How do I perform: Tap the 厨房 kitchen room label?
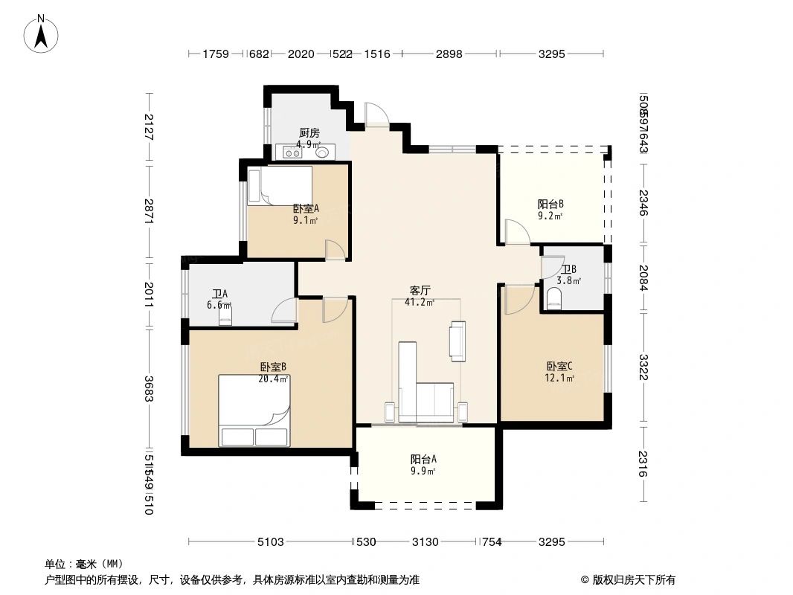(309, 133)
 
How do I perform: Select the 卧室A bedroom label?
(305, 209)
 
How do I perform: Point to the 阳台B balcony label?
(550, 204)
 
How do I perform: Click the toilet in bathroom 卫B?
(554, 300)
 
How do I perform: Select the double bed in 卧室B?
(254, 411)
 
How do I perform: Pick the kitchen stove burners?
(292, 152)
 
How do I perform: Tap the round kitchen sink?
(323, 152)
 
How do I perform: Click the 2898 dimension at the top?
(449, 54)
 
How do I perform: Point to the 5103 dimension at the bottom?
(270, 541)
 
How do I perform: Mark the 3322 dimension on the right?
(643, 367)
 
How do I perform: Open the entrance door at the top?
(376, 114)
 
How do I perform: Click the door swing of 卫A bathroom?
(285, 311)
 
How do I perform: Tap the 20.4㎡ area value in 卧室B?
(274, 378)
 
